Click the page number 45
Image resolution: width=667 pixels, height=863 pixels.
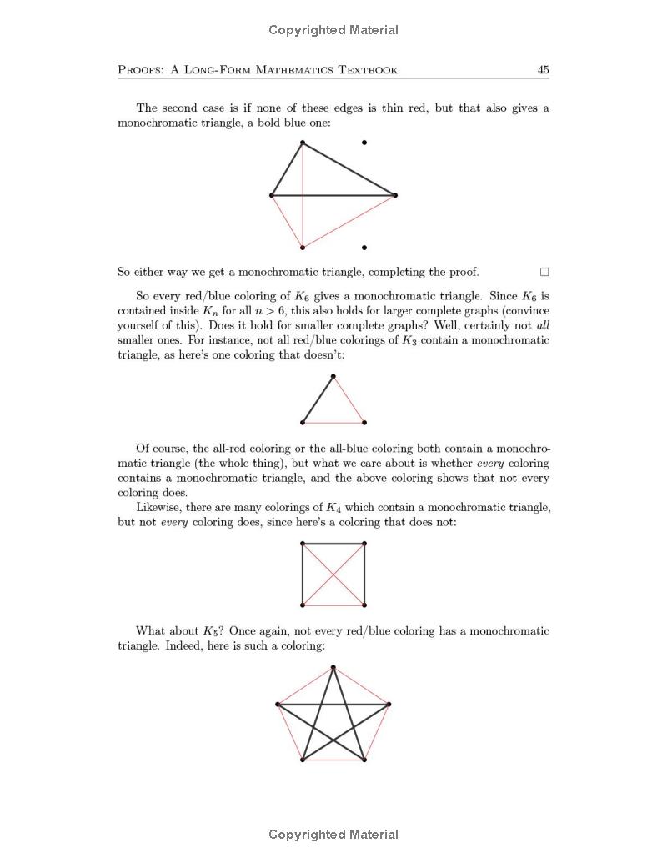543,70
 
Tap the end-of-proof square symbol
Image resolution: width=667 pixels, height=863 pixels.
544,272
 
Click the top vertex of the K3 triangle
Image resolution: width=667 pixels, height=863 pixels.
333,377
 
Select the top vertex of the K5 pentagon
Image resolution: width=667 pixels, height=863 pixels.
333,667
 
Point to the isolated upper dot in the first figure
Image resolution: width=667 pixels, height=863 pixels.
364,143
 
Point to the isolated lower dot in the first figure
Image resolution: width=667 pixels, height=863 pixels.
364,248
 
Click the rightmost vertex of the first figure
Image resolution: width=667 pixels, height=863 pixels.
395,195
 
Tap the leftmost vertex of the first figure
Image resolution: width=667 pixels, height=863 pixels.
272,195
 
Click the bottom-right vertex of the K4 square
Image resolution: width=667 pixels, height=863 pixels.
364,605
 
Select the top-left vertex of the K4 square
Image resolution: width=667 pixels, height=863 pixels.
303,544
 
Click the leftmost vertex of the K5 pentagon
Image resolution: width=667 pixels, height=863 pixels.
278,705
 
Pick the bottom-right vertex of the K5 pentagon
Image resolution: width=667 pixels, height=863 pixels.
364,760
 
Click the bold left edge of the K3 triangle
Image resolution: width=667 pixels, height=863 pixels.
318,400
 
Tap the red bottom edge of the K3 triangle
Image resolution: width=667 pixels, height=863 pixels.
333,424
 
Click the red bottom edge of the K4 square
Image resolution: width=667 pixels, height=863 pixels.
333,605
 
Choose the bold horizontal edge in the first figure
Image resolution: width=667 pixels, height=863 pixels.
333,195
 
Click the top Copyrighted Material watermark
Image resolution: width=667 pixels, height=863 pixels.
333,30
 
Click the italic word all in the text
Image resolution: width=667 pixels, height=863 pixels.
543,325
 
